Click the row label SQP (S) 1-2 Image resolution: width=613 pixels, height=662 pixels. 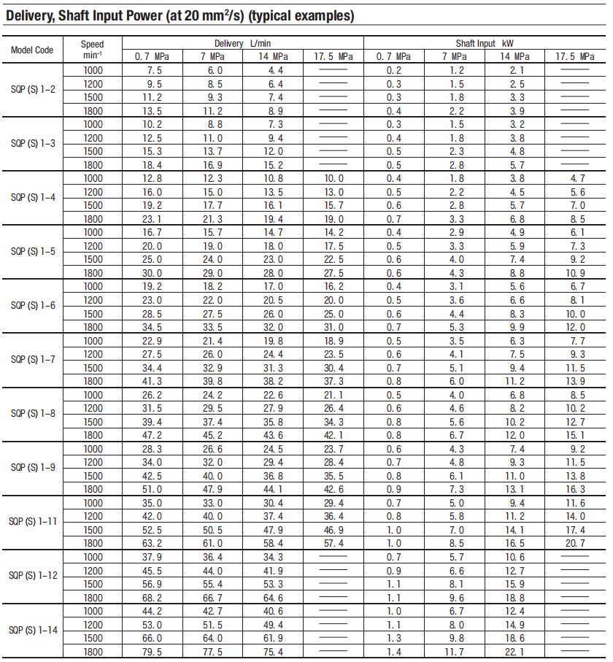[32, 91]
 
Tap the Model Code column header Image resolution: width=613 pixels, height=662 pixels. [32, 50]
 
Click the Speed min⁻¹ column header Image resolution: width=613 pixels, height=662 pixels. [92, 50]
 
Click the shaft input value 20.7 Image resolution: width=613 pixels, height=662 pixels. [576, 543]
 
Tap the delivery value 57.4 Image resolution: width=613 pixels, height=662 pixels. [333, 543]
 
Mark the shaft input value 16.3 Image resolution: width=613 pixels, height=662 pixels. [576, 489]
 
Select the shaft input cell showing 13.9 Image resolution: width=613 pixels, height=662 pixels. [576, 381]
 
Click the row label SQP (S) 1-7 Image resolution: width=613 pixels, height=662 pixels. [32, 361]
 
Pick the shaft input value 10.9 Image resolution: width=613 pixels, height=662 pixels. [576, 273]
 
